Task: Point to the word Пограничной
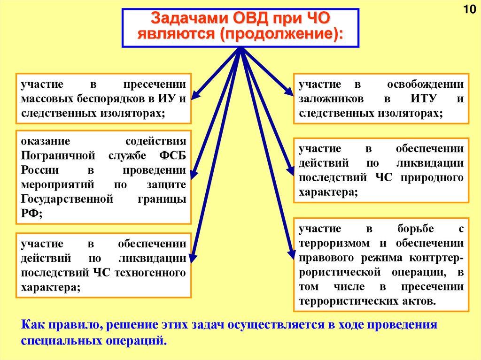click(x=58, y=155)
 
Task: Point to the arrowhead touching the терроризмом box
click(x=290, y=253)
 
